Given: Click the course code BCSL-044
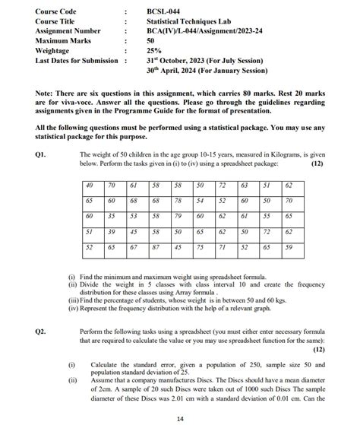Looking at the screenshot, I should point(166,11).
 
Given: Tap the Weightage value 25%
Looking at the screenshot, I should point(156,51).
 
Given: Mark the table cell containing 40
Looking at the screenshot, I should point(90,186).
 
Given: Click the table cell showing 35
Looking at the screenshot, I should point(112,216).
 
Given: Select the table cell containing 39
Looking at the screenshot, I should point(112,231).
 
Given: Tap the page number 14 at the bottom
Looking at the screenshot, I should point(179,418).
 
